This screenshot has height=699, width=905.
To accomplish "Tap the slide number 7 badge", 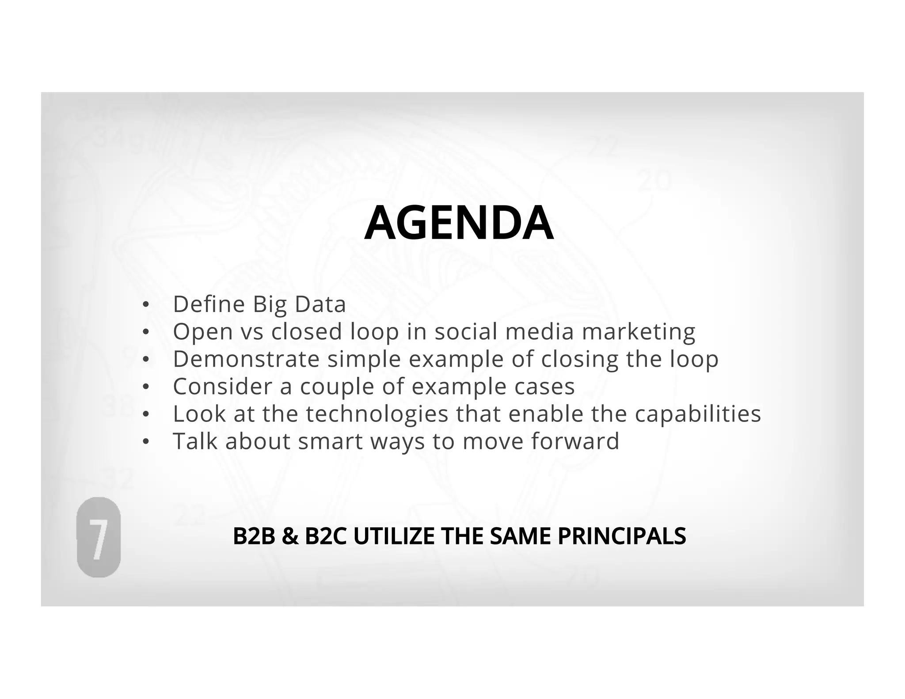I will tap(99, 537).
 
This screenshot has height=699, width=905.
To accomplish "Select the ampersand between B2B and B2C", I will tap(289, 536).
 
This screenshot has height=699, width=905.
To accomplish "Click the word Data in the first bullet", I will tap(320, 304).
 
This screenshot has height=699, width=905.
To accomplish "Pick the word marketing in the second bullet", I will tap(639, 332).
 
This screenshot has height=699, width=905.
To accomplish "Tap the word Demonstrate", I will tap(246, 359).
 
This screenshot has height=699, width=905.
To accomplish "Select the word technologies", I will tap(377, 414).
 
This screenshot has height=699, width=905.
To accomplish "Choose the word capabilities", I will tap(698, 414).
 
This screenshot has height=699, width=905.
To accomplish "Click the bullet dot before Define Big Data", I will tap(145, 305).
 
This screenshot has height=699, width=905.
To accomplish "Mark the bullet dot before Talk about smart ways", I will tap(145, 442).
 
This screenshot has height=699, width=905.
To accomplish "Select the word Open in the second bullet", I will tap(203, 332).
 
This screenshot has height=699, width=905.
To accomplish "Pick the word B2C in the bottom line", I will tap(325, 536).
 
